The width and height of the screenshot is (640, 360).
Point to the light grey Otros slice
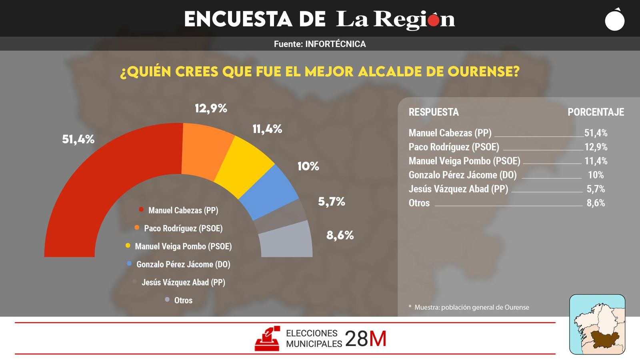coord(286,240)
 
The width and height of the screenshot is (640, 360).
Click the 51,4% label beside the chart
coord(78,139)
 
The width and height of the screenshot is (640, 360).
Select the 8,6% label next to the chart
coord(340,235)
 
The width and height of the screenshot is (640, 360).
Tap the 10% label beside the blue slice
coord(308,166)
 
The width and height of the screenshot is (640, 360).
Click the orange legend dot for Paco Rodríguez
coord(137,228)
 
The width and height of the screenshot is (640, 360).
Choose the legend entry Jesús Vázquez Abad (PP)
coord(183,282)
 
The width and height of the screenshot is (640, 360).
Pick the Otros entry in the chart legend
coord(183,300)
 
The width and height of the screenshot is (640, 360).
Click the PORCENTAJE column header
coord(596,112)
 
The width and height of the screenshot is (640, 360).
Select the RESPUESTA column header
coord(434,112)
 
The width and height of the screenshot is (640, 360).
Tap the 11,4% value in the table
coord(596,161)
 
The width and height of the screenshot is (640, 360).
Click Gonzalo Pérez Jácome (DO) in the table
coord(462,175)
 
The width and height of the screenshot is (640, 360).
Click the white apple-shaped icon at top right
coord(615,20)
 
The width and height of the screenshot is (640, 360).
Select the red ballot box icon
coord(267,339)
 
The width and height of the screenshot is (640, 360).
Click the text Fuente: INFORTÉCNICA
coord(320,44)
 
